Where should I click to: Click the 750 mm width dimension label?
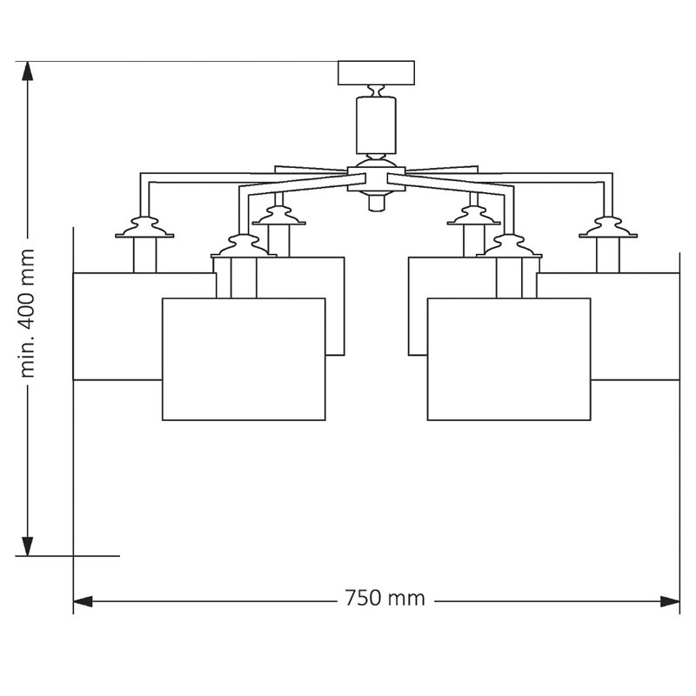click(385, 599)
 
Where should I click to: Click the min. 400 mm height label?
click(28, 312)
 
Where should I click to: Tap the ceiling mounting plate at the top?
click(376, 72)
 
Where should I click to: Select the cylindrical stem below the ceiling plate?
click(376, 124)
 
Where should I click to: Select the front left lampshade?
click(244, 359)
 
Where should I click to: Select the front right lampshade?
click(509, 359)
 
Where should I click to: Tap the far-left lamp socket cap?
click(144, 228)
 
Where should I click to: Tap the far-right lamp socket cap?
click(608, 228)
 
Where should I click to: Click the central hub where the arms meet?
click(376, 177)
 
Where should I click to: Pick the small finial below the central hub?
click(376, 203)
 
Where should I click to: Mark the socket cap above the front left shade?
click(244, 247)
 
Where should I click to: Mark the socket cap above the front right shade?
click(509, 247)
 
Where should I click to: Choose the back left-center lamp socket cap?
click(278, 217)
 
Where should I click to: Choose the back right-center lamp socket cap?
click(473, 217)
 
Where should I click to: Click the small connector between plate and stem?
click(376, 90)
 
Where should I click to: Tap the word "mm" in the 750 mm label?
click(406, 599)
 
